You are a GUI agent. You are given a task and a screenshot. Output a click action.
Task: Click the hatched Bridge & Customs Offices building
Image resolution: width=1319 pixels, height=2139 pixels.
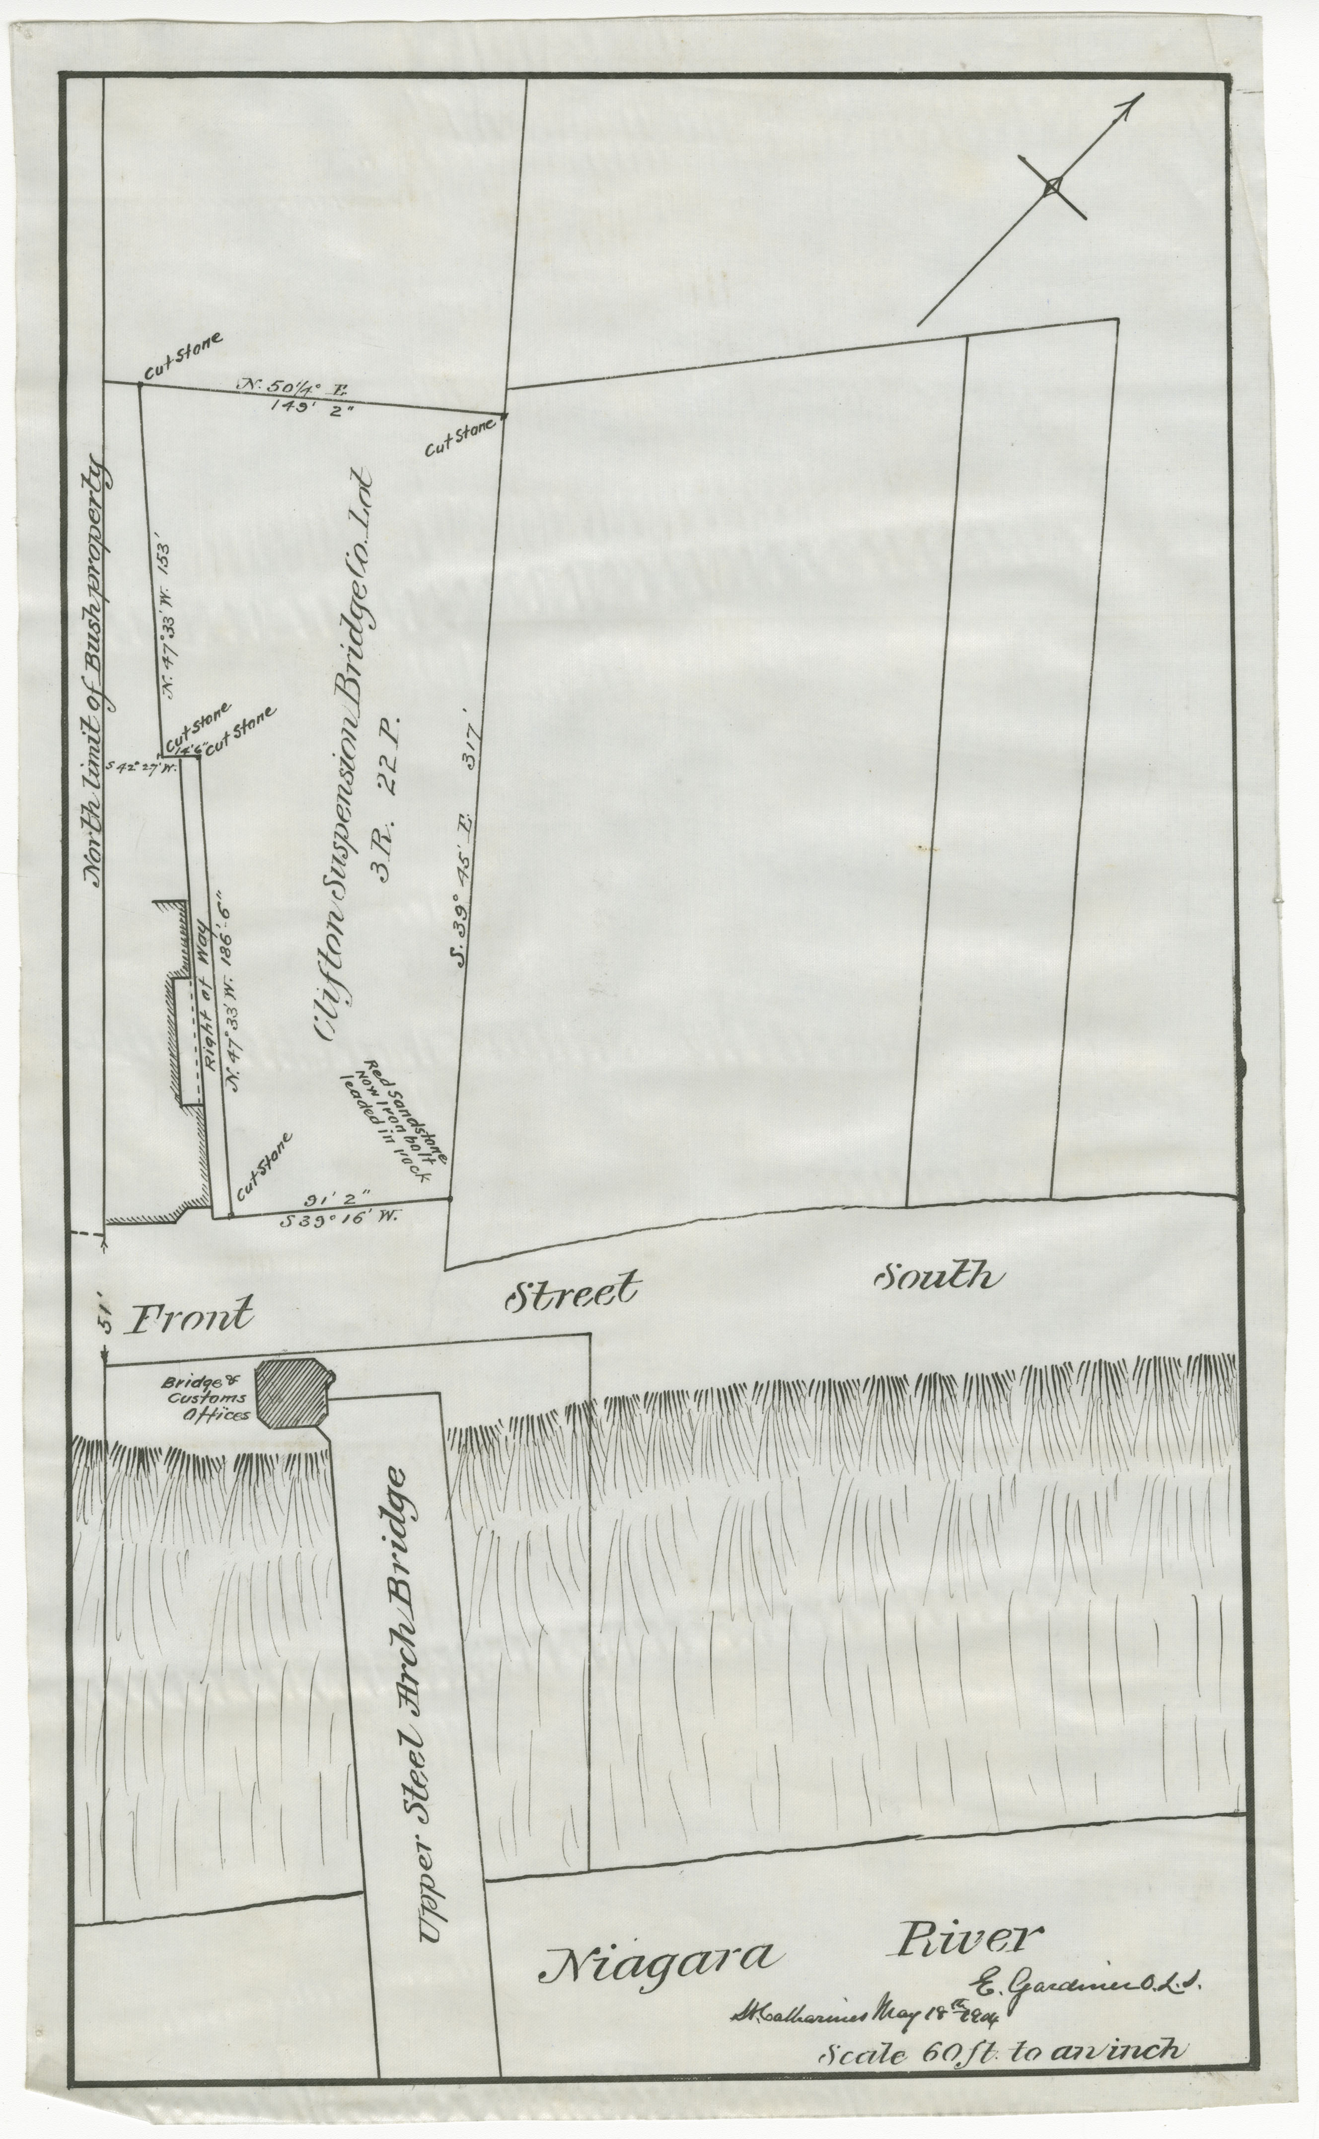pos(293,1657)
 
